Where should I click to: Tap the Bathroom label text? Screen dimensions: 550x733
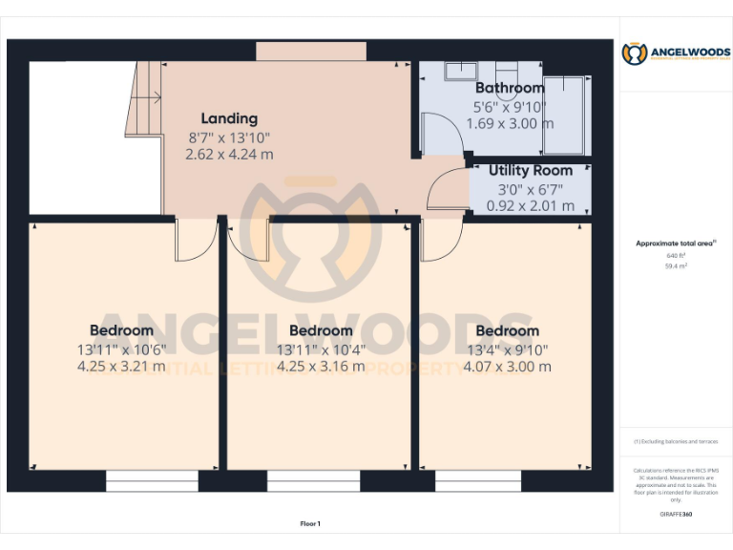click(x=510, y=88)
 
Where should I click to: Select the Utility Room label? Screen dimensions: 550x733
click(x=531, y=171)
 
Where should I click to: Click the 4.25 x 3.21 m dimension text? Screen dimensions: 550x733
click(x=121, y=366)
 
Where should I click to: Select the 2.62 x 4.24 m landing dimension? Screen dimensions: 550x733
click(x=230, y=154)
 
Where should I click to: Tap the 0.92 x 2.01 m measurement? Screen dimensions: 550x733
click(x=531, y=205)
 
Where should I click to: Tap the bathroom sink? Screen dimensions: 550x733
click(x=462, y=70)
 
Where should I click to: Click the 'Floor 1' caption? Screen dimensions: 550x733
click(x=310, y=523)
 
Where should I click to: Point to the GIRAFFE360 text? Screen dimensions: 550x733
click(x=676, y=515)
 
